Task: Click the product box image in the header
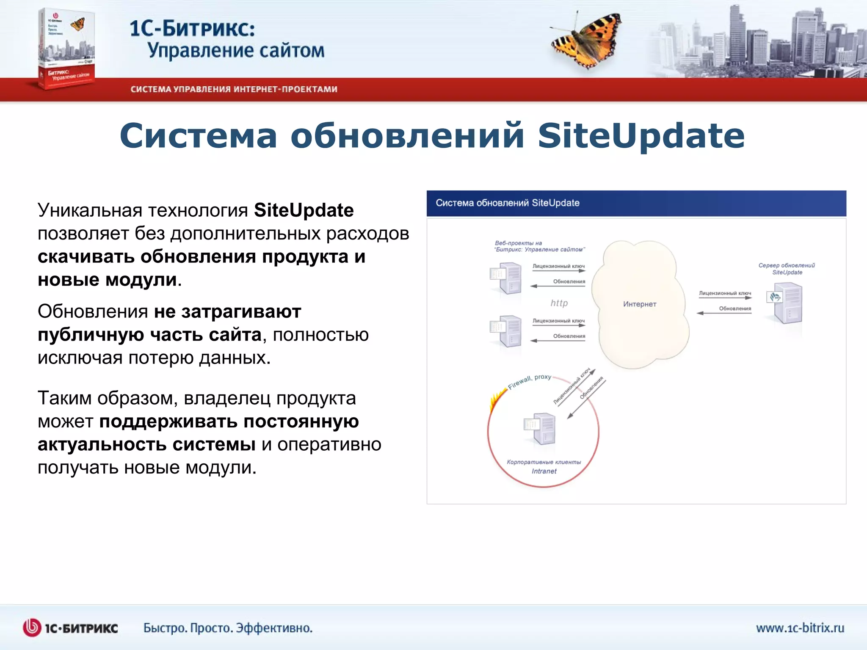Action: pos(66,49)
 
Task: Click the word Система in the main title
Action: pos(198,136)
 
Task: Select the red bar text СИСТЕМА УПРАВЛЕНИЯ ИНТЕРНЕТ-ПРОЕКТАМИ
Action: pos(234,89)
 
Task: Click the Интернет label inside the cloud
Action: pos(639,304)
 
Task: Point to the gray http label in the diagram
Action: pos(559,303)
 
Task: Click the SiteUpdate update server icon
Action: pos(786,303)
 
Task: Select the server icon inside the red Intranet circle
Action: pos(540,428)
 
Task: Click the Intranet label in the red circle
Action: pos(544,471)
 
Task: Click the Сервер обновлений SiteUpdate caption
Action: pos(787,269)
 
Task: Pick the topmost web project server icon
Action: pos(506,278)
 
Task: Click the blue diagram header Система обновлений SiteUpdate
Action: pos(507,203)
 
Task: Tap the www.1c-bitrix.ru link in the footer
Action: pos(800,628)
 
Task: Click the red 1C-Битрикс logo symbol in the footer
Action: pos(32,628)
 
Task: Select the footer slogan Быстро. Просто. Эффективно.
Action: pos(228,628)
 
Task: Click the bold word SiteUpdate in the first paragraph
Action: pos(304,210)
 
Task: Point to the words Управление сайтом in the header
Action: pos(236,50)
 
